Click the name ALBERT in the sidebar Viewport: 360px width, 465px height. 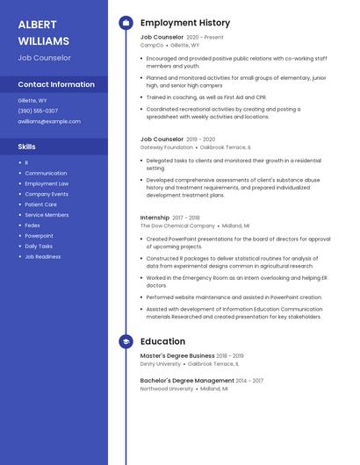(37, 24)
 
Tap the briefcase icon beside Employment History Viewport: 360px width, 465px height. (125, 23)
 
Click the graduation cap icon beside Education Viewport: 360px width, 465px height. (125, 341)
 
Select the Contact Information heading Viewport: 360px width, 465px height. (56, 84)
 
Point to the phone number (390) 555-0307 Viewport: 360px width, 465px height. (38, 111)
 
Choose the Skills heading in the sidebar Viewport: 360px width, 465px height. (26, 147)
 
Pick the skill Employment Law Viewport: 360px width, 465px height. (47, 183)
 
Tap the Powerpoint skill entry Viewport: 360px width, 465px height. (39, 236)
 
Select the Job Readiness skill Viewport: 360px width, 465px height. (43, 257)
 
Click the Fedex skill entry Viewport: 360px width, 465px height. (32, 225)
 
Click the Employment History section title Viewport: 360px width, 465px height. (185, 23)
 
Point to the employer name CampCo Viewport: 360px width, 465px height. (152, 45)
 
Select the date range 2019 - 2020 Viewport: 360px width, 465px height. (200, 139)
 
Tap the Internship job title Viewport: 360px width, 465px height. (155, 217)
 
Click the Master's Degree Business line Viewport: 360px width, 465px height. (177, 355)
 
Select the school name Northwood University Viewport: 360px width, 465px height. (167, 389)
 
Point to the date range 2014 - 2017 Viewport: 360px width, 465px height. (250, 381)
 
